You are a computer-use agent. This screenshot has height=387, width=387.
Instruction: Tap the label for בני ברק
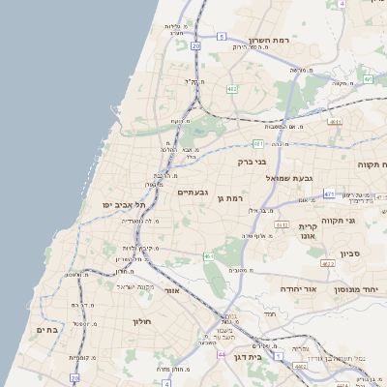click(253, 162)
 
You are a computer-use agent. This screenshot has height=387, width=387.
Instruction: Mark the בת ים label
click(45, 327)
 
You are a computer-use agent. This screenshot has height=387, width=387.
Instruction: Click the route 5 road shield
click(222, 36)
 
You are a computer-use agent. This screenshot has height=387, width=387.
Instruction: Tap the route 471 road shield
click(329, 193)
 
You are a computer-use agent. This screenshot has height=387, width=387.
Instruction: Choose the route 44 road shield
click(221, 355)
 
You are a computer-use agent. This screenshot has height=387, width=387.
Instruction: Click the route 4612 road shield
click(283, 224)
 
